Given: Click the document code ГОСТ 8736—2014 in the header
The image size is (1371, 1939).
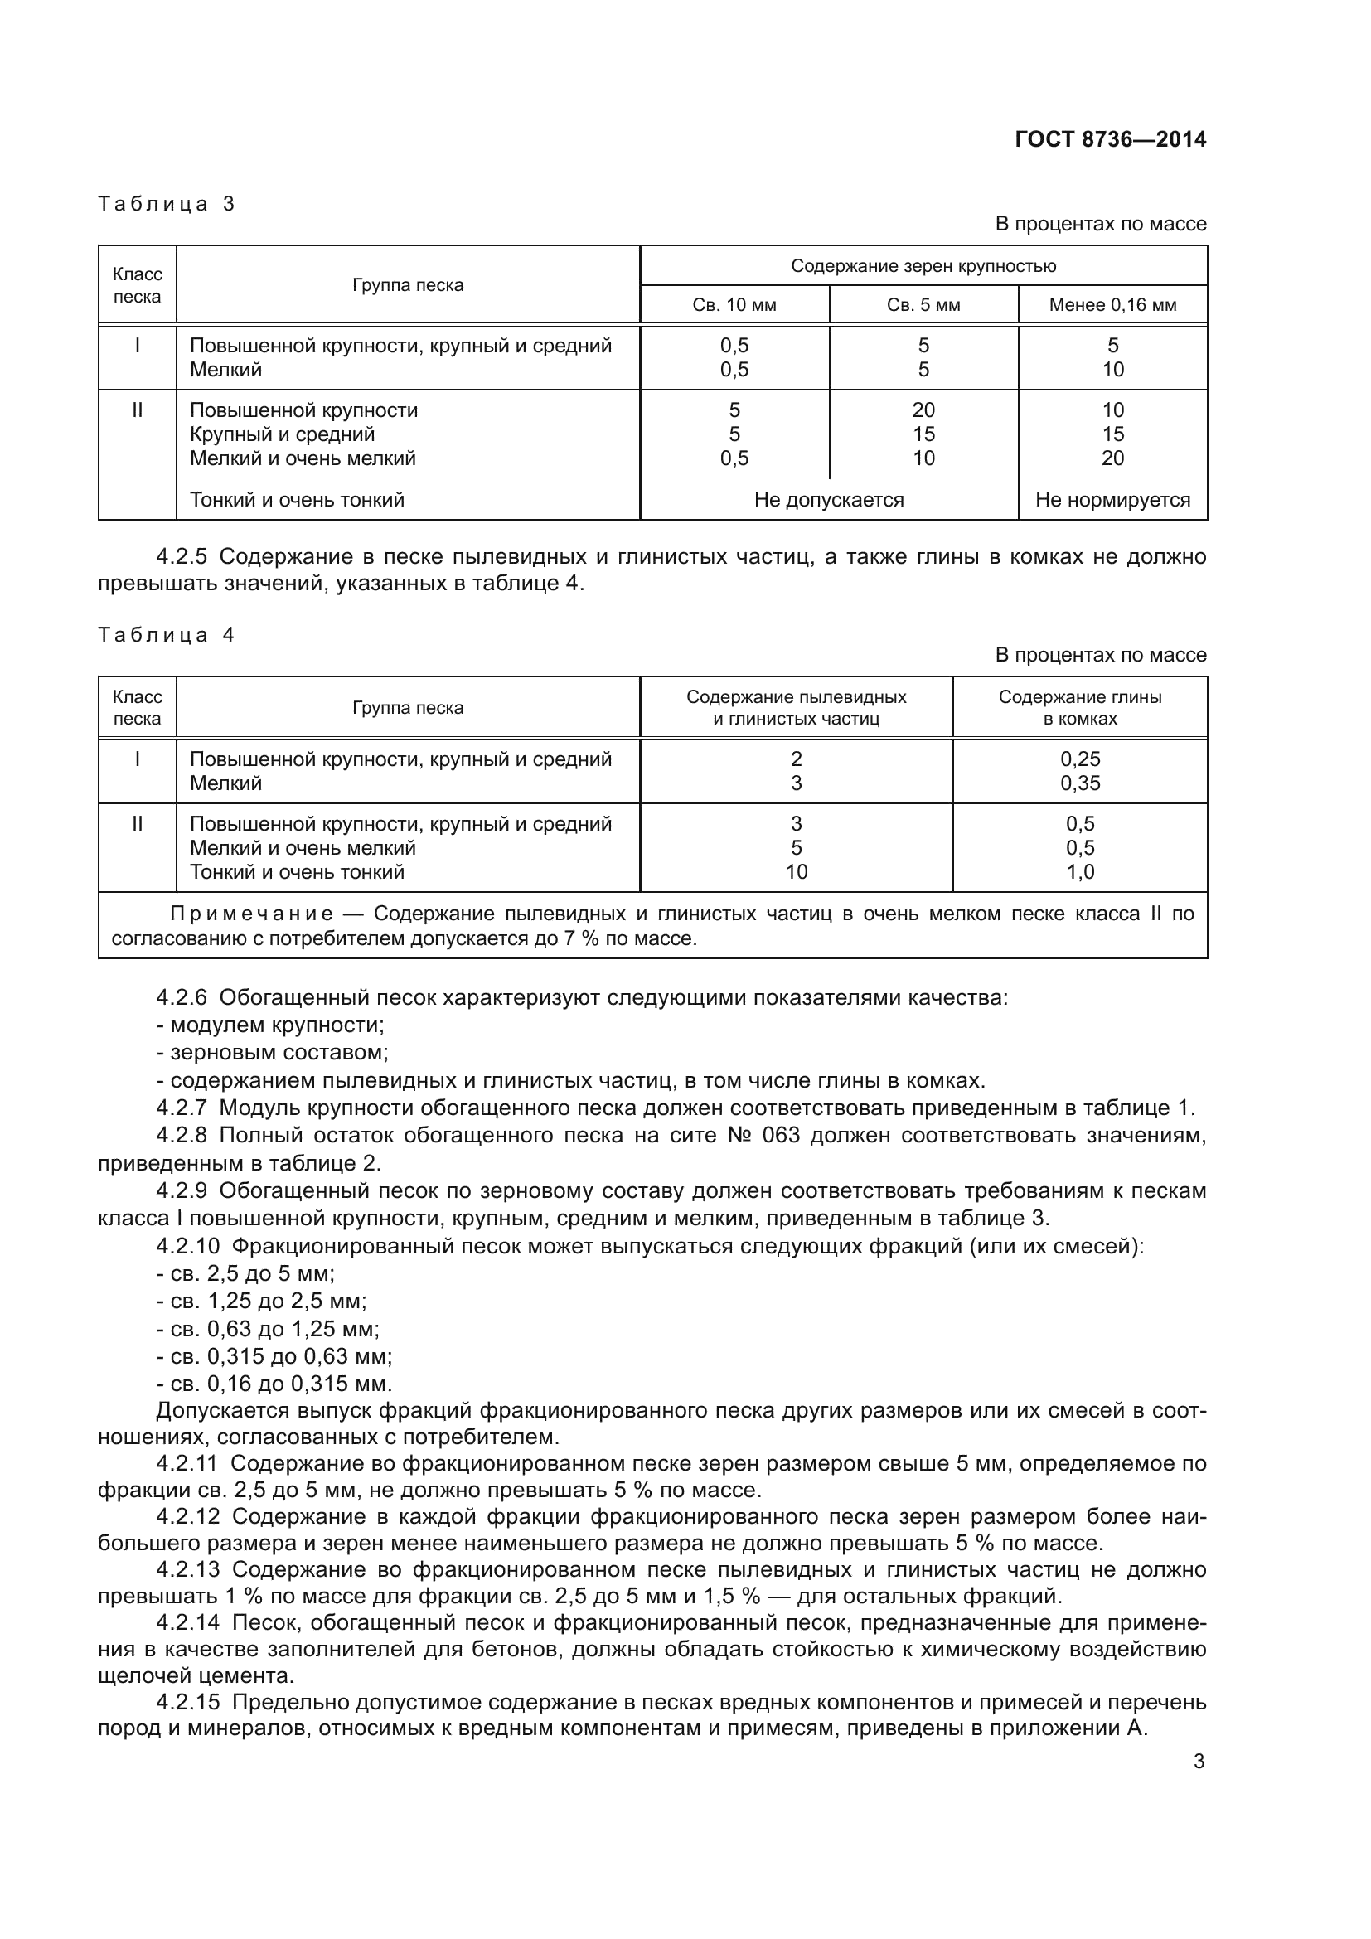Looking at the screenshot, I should click(x=1110, y=139).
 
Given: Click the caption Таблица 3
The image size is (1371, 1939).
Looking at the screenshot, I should click(x=167, y=204).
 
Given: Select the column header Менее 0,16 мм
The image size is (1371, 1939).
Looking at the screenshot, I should click(x=1112, y=305).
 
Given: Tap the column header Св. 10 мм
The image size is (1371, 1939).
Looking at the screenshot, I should click(x=734, y=305).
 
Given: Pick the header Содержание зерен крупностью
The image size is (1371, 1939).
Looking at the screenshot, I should click(x=923, y=266).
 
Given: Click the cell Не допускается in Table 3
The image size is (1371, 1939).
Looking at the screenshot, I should click(x=828, y=500).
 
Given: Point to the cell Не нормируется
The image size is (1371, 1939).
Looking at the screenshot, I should click(x=1112, y=500).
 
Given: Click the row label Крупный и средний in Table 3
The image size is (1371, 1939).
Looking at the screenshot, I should click(x=282, y=434).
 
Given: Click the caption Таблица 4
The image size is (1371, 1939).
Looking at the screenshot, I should click(x=167, y=635).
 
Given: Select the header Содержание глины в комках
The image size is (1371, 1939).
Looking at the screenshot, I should click(x=1080, y=708).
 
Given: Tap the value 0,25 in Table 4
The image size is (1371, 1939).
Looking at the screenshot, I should click(x=1080, y=759).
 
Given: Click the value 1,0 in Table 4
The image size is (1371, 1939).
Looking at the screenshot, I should click(x=1080, y=871).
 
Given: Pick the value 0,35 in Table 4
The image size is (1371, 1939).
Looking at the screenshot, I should click(x=1080, y=783).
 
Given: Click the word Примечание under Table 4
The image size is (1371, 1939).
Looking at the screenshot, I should click(x=252, y=914).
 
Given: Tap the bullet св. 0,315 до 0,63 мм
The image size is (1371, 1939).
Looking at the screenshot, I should click(x=274, y=1356).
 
